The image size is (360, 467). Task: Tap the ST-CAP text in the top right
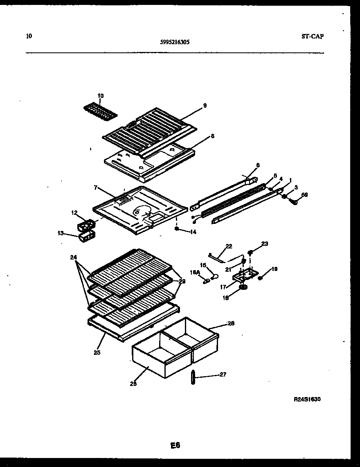312,36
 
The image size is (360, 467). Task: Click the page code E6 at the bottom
175,445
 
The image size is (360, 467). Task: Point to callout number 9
205,105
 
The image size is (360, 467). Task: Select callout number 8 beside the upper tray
212,136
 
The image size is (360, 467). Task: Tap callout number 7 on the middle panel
95,188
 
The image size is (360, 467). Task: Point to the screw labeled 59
294,201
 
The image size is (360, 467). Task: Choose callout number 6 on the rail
258,165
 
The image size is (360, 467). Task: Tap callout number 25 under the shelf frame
97,352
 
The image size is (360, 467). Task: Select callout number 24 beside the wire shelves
73,257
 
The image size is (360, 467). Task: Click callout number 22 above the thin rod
229,246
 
